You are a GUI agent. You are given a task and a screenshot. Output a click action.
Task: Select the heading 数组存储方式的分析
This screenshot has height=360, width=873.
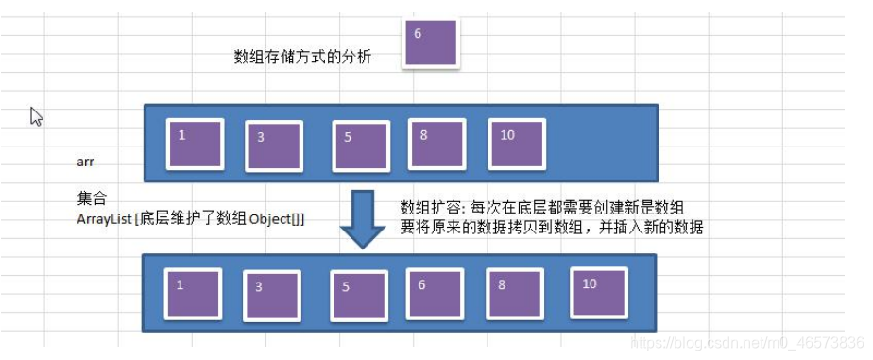(x=302, y=57)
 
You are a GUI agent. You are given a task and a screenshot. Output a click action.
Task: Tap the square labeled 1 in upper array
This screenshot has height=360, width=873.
(x=195, y=144)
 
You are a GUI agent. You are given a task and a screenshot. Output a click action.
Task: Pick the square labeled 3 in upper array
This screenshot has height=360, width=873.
(x=273, y=146)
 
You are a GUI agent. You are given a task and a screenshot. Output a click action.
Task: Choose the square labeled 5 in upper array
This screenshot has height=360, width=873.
(x=361, y=146)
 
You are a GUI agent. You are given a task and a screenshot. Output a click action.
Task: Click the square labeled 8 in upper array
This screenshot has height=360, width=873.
(x=436, y=144)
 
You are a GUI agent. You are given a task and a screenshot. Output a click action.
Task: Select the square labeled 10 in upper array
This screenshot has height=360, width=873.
(x=517, y=144)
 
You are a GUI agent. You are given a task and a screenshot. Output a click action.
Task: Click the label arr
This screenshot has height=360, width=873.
(x=86, y=162)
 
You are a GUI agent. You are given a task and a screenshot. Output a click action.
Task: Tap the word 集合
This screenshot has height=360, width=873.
(x=92, y=199)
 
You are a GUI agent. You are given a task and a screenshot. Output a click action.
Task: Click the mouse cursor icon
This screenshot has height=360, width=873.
(x=36, y=115)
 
